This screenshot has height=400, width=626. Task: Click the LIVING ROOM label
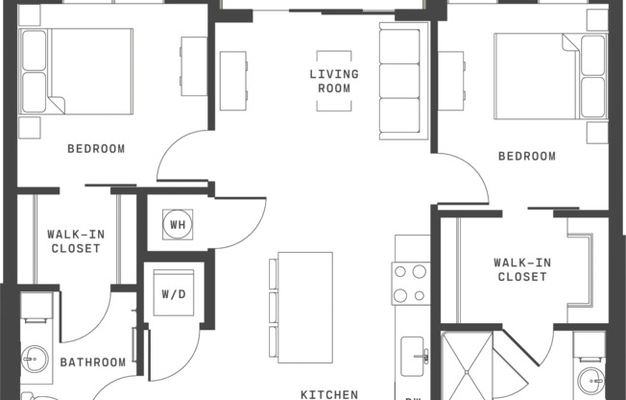(333, 81)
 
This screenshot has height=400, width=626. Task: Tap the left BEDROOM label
(96, 148)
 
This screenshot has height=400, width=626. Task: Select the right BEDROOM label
(526, 156)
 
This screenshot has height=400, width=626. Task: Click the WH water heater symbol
(178, 225)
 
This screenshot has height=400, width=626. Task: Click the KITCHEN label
(329, 393)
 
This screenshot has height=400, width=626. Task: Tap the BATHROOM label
(93, 362)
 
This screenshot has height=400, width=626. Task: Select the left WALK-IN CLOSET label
(74, 240)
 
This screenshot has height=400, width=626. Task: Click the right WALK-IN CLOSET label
(520, 269)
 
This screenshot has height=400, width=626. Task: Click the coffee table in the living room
(333, 79)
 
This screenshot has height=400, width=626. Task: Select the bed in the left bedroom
(77, 71)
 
